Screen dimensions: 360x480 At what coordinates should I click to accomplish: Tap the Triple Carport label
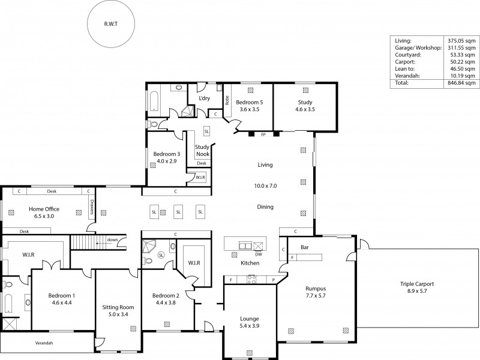pos(417,287)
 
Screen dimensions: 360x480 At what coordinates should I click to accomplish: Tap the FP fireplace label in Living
pos(263,135)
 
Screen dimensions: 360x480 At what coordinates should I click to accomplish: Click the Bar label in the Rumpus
pos(304,247)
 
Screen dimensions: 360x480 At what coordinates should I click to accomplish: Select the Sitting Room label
pos(118,310)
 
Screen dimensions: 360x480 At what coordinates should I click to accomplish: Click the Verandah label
pos(43,343)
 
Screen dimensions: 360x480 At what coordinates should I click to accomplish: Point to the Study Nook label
pos(202,150)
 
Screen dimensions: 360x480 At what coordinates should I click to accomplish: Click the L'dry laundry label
pos(204,98)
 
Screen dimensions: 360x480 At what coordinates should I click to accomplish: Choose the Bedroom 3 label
pos(165,157)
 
